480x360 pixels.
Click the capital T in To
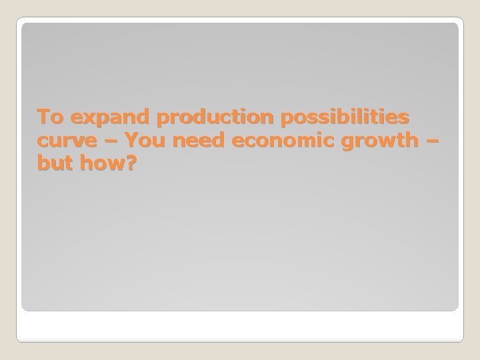coord(43,118)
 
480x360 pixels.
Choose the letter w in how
coord(117,163)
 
